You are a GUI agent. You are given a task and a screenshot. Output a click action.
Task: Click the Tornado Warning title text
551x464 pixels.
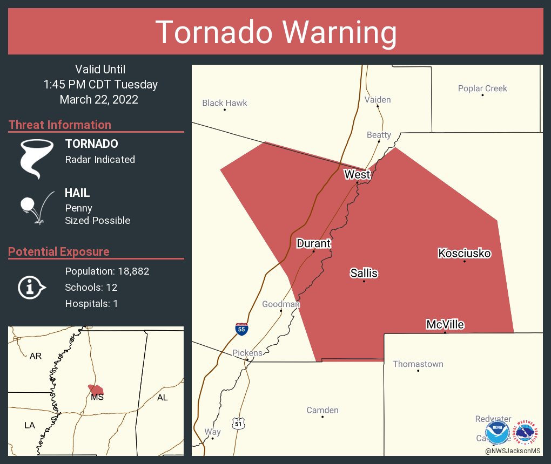click(x=275, y=32)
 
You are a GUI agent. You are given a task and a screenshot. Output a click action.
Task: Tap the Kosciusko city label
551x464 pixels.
click(x=464, y=253)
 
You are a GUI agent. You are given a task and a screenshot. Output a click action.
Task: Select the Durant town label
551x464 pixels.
click(x=313, y=243)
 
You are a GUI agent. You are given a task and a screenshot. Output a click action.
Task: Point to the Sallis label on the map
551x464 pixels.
click(x=364, y=273)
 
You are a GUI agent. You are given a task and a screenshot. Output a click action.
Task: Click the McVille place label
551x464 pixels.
click(x=445, y=324)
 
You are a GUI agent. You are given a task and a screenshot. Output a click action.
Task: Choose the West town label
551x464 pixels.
click(x=358, y=174)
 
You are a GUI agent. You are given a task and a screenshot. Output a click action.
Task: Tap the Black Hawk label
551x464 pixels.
click(x=225, y=103)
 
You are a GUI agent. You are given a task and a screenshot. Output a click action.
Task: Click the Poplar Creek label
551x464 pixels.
click(x=482, y=88)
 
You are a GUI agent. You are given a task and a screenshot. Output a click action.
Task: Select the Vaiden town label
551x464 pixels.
click(x=378, y=99)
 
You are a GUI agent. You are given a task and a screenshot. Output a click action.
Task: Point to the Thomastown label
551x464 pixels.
click(x=418, y=364)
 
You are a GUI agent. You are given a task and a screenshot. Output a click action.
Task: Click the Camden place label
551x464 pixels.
click(x=322, y=410)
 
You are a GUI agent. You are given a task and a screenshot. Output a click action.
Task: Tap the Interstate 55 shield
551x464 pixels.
click(x=242, y=328)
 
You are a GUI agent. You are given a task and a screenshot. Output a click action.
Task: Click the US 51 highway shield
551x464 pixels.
click(x=238, y=424)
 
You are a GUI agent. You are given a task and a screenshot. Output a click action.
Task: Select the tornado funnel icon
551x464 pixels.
click(x=37, y=158)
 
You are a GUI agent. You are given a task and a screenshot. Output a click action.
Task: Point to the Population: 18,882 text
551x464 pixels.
click(x=107, y=271)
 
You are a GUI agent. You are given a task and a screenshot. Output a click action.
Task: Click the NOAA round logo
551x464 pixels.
click(x=497, y=433)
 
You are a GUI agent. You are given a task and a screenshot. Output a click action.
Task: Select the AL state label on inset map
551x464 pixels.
click(x=162, y=397)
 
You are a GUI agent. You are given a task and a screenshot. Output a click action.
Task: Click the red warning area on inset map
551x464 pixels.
click(x=96, y=390)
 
